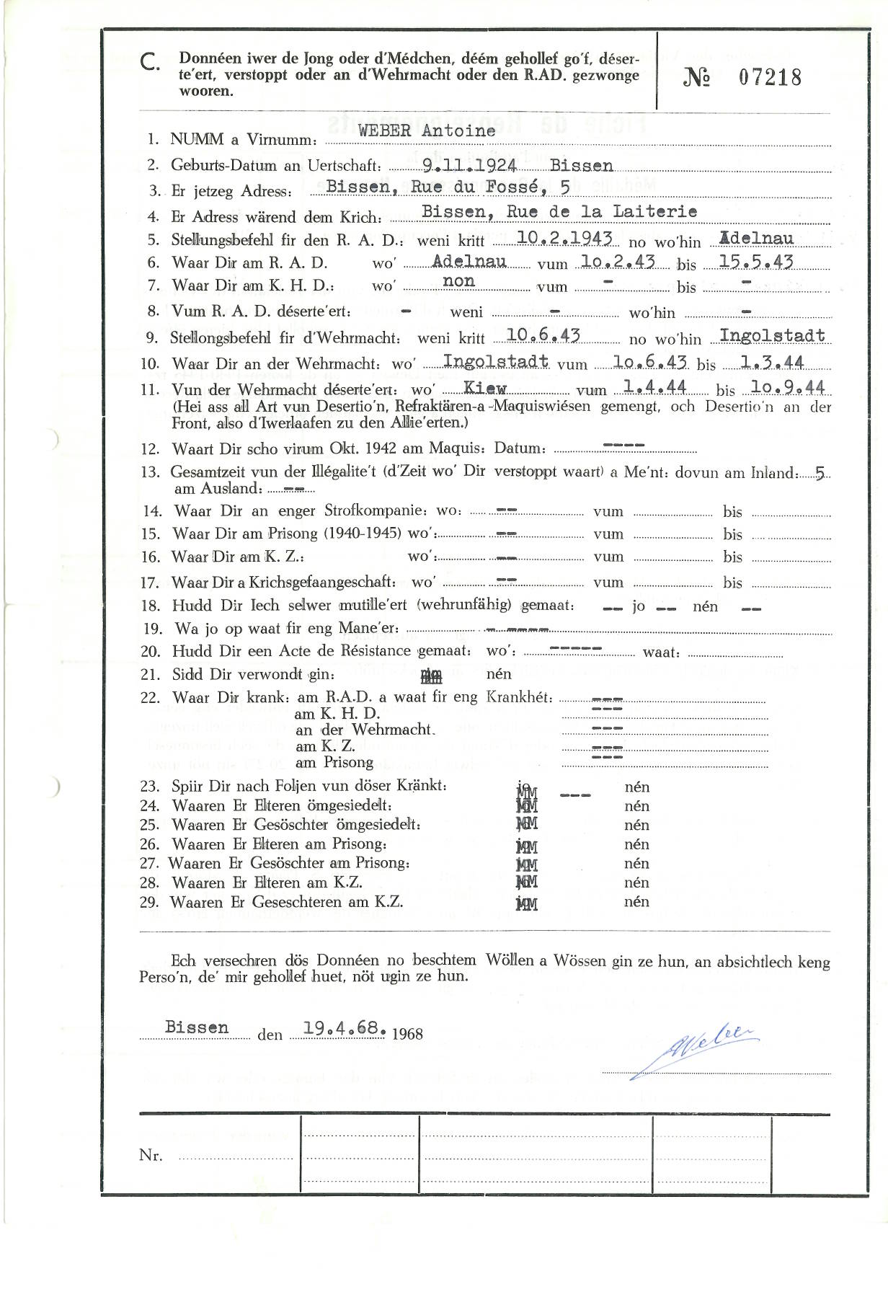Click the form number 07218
point(769,77)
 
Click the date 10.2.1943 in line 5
point(565,239)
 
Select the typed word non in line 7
point(458,281)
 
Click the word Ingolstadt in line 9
point(772,335)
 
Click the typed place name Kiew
point(484,389)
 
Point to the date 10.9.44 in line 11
point(787,388)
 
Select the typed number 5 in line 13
point(820,474)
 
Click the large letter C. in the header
point(150,63)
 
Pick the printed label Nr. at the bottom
point(151,1155)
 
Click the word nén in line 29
point(636,901)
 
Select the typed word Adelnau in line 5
point(757,239)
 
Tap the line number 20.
point(150,651)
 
